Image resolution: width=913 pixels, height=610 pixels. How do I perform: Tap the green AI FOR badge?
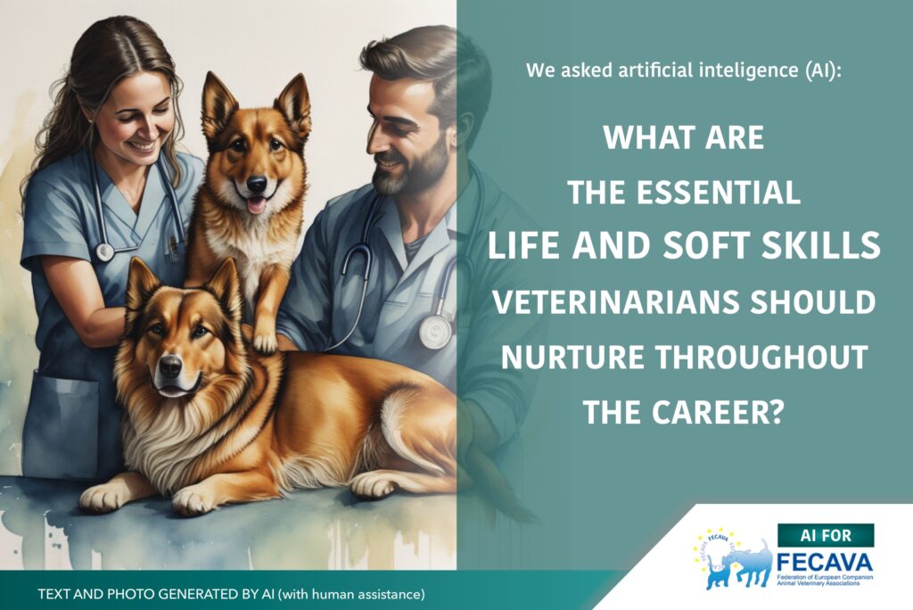point(826,535)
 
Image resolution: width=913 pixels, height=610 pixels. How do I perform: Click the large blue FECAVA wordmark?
point(825,562)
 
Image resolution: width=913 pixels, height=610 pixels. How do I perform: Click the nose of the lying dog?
point(169,367)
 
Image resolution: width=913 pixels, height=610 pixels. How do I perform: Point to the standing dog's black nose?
point(257,185)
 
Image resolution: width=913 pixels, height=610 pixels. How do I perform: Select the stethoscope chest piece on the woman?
point(104,251)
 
